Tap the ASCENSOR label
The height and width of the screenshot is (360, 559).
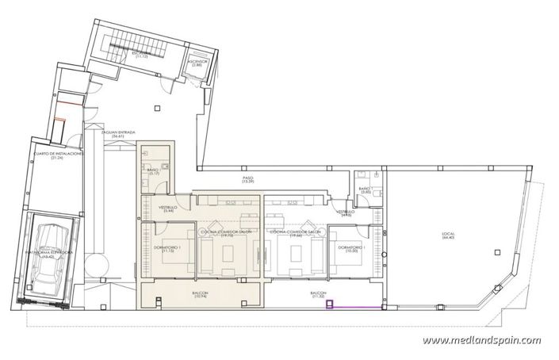coord(198,61)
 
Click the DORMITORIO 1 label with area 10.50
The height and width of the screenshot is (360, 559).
coord(350,248)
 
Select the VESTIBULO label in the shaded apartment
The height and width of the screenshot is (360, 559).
coord(167,209)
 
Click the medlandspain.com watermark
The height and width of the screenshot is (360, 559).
coord(481,340)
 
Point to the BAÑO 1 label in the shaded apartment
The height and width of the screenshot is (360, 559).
coord(153,172)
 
